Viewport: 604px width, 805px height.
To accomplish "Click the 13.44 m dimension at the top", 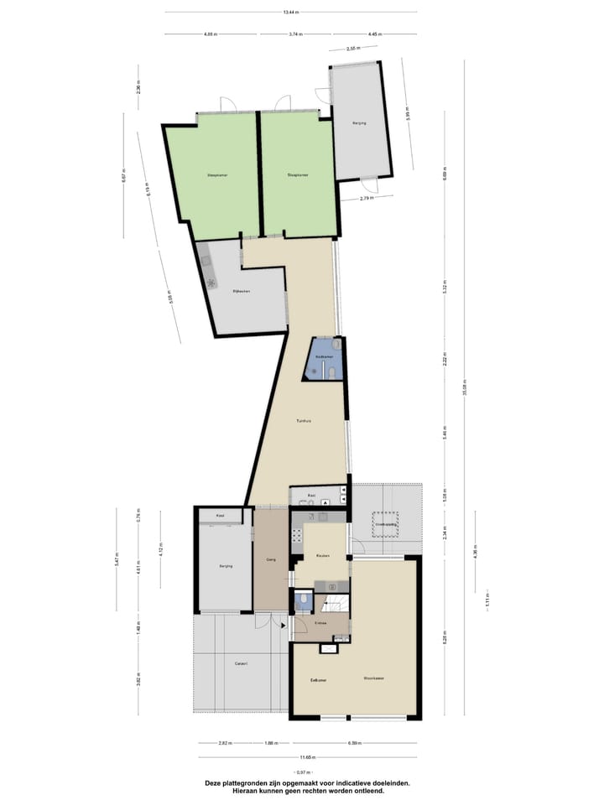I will (291, 13).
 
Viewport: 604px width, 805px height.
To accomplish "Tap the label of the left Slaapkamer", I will (218, 175).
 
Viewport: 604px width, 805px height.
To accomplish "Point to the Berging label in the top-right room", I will (360, 123).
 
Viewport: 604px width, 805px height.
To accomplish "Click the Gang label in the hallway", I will (271, 558).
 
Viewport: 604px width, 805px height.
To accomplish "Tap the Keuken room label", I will (323, 556).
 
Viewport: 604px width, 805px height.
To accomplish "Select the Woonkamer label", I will (374, 678).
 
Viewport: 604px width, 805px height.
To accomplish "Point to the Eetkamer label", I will (318, 679).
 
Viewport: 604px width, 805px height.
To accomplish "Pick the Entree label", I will (320, 623).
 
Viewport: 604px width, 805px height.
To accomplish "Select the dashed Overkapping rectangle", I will (386, 524).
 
